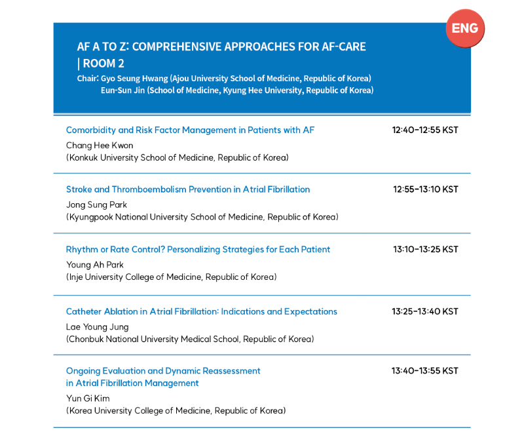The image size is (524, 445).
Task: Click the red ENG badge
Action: [x=466, y=29]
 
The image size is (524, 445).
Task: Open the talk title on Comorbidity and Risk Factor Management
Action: [x=190, y=130]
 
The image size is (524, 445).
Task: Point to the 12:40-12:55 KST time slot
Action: [x=425, y=130]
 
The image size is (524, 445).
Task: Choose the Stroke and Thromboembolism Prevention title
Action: [x=188, y=189]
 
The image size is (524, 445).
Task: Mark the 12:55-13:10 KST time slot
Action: [x=426, y=189]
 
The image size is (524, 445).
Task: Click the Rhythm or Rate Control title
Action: [x=198, y=249]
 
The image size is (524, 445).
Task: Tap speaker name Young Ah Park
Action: [x=95, y=265]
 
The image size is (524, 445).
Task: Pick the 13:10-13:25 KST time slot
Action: [x=426, y=249]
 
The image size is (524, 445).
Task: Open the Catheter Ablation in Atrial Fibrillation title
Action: [x=202, y=311]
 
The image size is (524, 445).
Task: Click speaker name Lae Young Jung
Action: [x=98, y=327]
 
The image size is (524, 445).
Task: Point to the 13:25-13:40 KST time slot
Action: [x=425, y=311]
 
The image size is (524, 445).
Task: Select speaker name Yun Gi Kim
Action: [x=88, y=398]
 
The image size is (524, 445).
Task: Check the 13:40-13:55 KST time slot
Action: [x=425, y=371]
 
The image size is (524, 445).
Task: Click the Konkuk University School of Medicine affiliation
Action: [x=178, y=158]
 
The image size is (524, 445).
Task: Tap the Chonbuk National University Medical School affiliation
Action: [x=190, y=339]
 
